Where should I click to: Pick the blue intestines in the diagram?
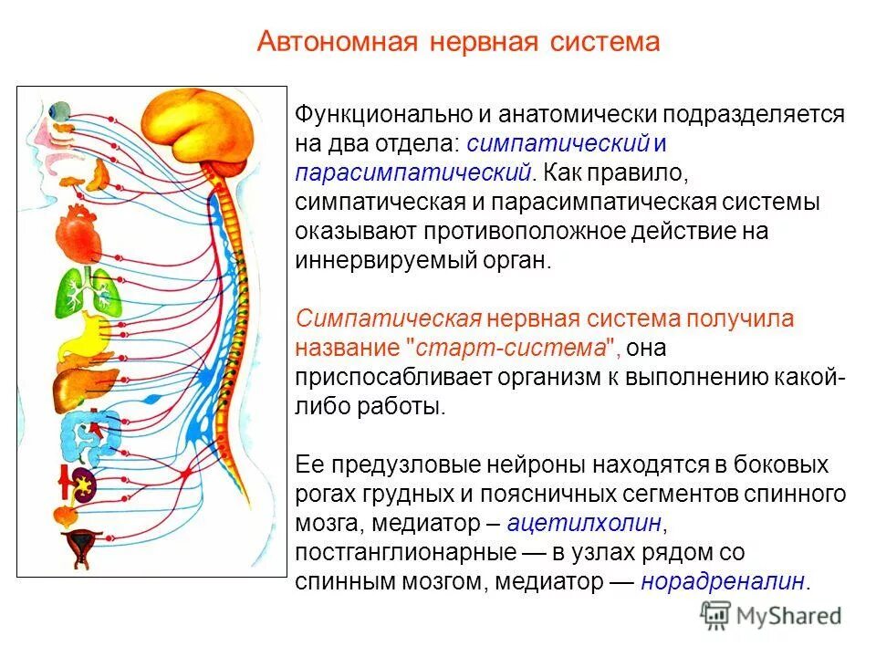pos(90,434)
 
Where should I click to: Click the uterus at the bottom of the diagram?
pos(81,547)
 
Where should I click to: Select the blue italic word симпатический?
pos(558,143)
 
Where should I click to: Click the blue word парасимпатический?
pos(412,172)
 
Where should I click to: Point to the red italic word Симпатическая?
pos(388,318)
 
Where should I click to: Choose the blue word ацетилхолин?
pos(584,523)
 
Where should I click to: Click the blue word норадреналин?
pos(724,581)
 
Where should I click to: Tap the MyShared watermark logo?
pos(771,616)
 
